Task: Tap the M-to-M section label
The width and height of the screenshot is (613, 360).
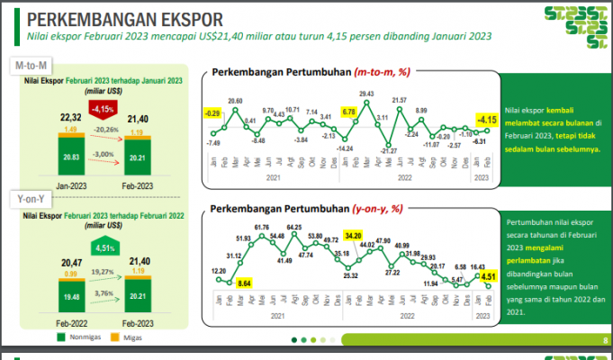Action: [x=34, y=67]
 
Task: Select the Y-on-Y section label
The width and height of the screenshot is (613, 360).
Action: [x=33, y=196]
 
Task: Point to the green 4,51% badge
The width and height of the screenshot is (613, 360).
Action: [x=105, y=247]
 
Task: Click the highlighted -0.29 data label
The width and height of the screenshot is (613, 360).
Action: [x=212, y=113]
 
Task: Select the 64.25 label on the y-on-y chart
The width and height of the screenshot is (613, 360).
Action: [x=294, y=227]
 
